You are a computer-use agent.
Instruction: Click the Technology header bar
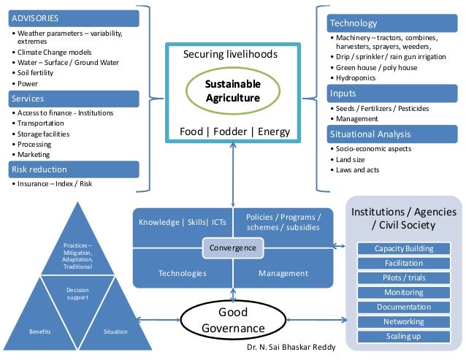[385, 23]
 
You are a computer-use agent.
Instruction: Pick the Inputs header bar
[385, 93]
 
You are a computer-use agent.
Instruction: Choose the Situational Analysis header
[385, 134]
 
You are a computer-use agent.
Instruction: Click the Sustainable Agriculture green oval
[232, 91]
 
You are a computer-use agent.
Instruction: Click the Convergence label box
[233, 248]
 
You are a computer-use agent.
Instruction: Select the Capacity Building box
[404, 248]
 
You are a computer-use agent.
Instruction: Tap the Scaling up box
[404, 337]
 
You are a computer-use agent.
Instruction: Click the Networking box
[404, 322]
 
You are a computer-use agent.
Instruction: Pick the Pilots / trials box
[404, 278]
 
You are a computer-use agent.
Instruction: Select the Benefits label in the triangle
[40, 332]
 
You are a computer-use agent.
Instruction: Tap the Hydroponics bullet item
[356, 77]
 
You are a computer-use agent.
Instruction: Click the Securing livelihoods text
[230, 55]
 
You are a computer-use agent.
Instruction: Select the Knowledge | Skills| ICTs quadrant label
[183, 221]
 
